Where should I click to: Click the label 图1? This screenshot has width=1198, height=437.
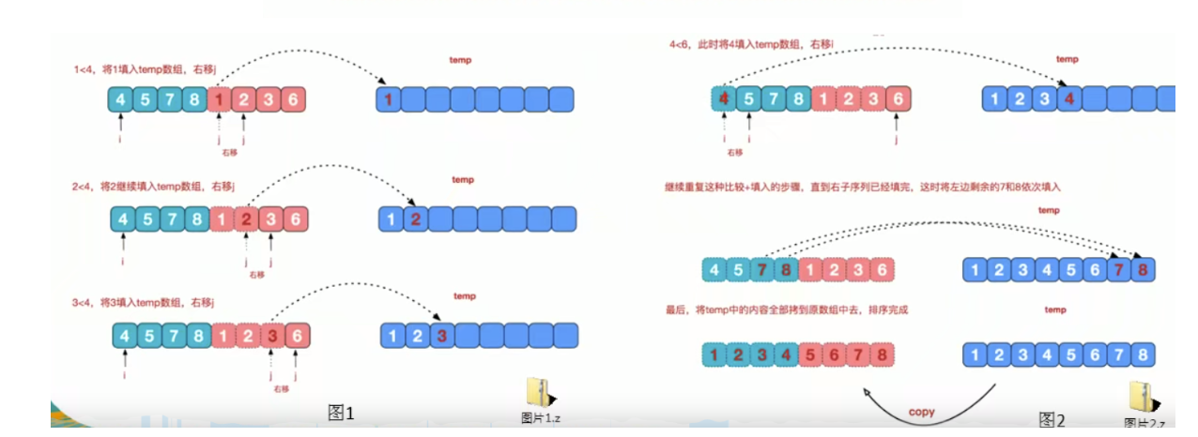pos(340,412)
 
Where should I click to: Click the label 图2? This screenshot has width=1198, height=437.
pos(1052,419)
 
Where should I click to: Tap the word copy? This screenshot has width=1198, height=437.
pos(922,412)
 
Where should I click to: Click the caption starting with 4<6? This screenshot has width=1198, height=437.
pos(752,44)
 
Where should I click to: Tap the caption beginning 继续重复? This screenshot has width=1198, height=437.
pos(862,188)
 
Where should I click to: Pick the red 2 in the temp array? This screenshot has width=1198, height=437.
pos(414,219)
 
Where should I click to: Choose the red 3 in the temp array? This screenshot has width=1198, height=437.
pos(441,336)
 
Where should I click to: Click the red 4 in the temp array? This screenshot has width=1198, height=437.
pos(1068,98)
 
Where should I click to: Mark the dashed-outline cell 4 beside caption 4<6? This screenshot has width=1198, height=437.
pos(723,98)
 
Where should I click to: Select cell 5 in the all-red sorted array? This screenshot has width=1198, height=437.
pos(806,355)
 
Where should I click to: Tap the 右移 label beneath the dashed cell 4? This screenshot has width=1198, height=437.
pos(734,153)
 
